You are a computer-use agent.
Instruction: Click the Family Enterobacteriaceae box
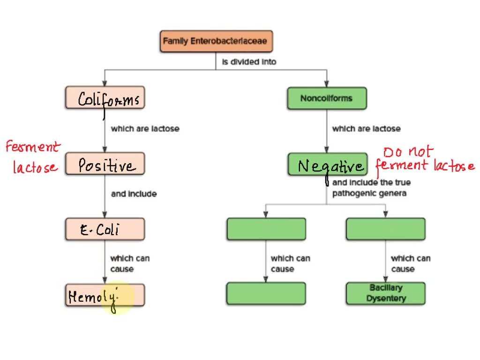click(216, 41)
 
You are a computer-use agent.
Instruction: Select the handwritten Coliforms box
click(105, 98)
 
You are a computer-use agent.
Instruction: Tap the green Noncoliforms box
click(327, 98)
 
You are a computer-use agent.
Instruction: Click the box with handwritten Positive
click(105, 164)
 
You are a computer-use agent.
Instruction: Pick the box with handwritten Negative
click(328, 165)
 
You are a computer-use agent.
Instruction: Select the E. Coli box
click(105, 230)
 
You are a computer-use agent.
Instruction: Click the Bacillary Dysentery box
click(385, 293)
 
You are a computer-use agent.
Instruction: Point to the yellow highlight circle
click(117, 297)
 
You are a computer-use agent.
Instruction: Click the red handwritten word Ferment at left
click(33, 147)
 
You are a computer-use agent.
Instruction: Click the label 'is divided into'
click(249, 62)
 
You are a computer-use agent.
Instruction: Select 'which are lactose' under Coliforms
click(145, 128)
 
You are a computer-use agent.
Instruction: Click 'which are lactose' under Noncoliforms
click(366, 128)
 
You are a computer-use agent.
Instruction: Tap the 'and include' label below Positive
click(134, 194)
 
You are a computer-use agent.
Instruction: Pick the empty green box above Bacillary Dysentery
click(385, 229)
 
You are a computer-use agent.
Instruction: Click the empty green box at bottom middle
click(266, 294)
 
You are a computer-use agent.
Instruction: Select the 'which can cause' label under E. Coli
click(129, 263)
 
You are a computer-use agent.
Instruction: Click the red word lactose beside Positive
click(35, 167)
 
